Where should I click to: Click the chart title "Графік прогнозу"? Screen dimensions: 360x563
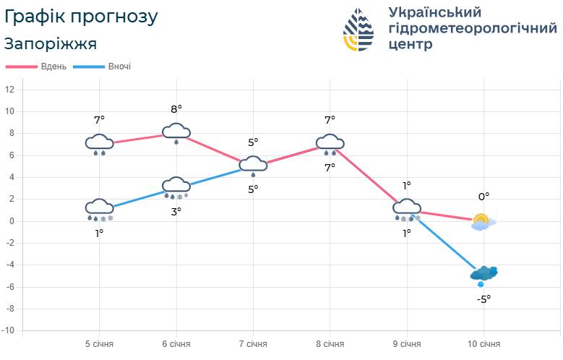(x=81, y=16)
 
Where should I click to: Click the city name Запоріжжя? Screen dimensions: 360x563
(x=51, y=43)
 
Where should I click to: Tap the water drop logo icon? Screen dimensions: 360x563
(x=358, y=30)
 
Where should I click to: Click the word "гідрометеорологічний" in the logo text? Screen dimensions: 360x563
(x=473, y=28)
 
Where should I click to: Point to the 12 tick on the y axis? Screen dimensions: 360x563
(x=10, y=90)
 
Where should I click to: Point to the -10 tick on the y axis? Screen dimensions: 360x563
(x=10, y=331)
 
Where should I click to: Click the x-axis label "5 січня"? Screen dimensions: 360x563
(x=99, y=344)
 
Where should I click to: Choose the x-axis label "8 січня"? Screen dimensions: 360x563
(x=330, y=344)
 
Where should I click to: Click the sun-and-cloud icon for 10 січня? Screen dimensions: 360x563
(x=482, y=222)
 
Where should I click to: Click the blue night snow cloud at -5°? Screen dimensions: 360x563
(x=484, y=275)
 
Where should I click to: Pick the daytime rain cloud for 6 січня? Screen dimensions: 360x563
(x=176, y=132)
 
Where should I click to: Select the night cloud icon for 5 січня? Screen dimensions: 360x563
(x=100, y=209)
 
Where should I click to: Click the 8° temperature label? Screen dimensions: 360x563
(x=176, y=108)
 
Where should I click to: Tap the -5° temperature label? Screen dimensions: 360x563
(x=484, y=298)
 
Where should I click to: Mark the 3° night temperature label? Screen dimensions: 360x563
(x=176, y=211)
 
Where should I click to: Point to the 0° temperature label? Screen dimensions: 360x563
(x=484, y=196)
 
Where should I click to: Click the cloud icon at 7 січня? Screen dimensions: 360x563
(x=253, y=166)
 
